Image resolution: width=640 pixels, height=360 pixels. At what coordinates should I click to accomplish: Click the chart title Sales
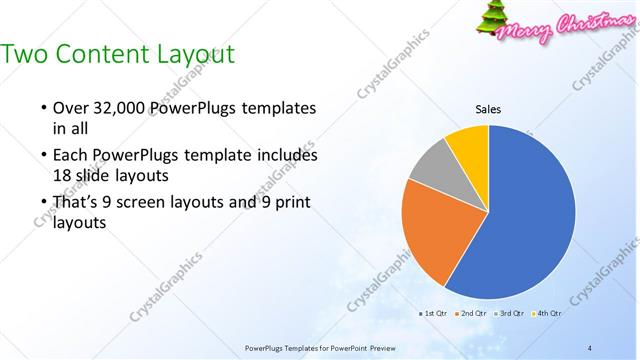[x=488, y=110]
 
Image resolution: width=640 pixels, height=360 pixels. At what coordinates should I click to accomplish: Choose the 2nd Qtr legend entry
[x=472, y=314]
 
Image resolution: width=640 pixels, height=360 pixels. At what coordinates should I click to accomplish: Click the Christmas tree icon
[x=491, y=20]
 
